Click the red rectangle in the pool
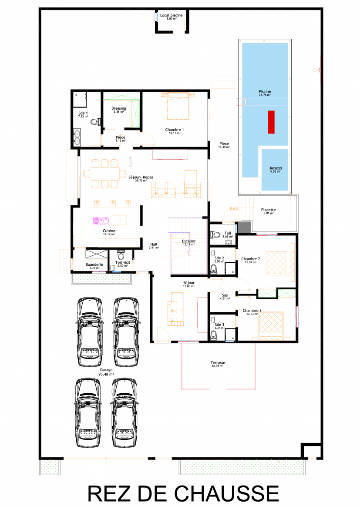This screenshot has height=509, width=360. point(271,122)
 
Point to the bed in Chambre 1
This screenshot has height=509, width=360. point(178,107)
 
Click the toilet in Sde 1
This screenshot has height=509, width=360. point(95,122)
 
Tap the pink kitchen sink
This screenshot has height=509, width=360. point(101,221)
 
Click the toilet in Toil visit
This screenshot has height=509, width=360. point(121,254)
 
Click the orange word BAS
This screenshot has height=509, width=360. point(234,209)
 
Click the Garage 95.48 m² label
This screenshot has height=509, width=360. point(106,372)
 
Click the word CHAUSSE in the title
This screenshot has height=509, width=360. point(227,494)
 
